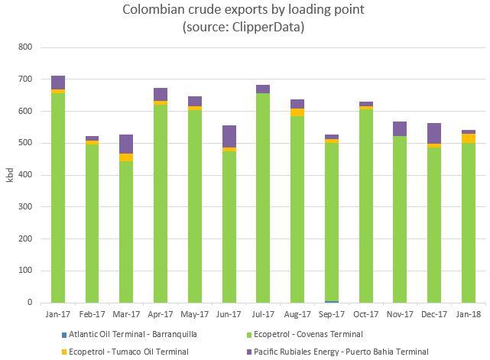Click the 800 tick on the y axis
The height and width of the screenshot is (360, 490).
tap(24, 47)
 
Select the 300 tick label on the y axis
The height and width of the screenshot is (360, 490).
tap(24, 207)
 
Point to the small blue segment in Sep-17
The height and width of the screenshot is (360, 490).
tap(332, 301)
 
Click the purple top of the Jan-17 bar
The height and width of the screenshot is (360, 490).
tap(57, 82)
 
